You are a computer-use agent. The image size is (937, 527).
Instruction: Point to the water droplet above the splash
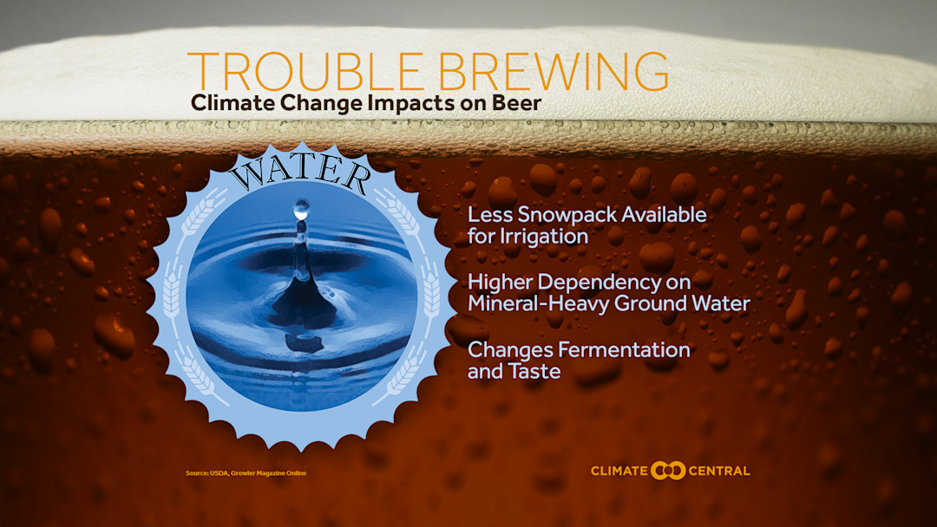pyautogui.click(x=301, y=209)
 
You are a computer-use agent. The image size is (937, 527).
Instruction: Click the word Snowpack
pyautogui.click(x=552, y=214)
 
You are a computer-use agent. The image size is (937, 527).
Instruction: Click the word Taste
pyautogui.click(x=533, y=372)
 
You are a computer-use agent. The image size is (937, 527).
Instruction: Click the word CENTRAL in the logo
pyautogui.click(x=719, y=472)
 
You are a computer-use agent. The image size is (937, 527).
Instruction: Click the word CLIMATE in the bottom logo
pyautogui.click(x=619, y=472)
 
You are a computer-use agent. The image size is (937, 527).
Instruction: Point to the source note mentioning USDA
pyautogui.click(x=246, y=472)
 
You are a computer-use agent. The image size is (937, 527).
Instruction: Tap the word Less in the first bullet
pyautogui.click(x=486, y=214)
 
